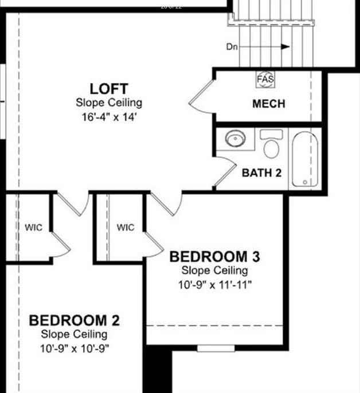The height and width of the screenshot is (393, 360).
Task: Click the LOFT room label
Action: (109, 89)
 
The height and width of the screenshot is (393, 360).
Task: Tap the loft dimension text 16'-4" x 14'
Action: (109, 117)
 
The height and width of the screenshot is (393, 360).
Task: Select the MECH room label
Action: (269, 104)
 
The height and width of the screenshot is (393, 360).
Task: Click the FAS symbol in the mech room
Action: (265, 79)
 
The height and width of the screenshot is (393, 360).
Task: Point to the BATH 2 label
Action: (261, 172)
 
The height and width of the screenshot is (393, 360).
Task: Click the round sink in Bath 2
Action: (234, 139)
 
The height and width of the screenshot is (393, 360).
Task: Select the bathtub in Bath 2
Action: (304, 159)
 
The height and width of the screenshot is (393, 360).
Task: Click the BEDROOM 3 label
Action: (214, 257)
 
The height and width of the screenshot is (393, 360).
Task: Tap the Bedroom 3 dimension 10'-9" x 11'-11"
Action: (214, 285)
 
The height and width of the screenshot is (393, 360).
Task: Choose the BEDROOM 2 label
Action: (75, 320)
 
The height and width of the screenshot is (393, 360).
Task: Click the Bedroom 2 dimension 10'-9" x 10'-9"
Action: (75, 348)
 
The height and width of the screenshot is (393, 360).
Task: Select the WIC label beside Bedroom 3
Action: (126, 227)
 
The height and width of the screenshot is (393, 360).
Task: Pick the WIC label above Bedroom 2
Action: (33, 227)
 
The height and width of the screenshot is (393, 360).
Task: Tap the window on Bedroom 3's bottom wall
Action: (216, 348)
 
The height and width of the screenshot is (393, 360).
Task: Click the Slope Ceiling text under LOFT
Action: (109, 103)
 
